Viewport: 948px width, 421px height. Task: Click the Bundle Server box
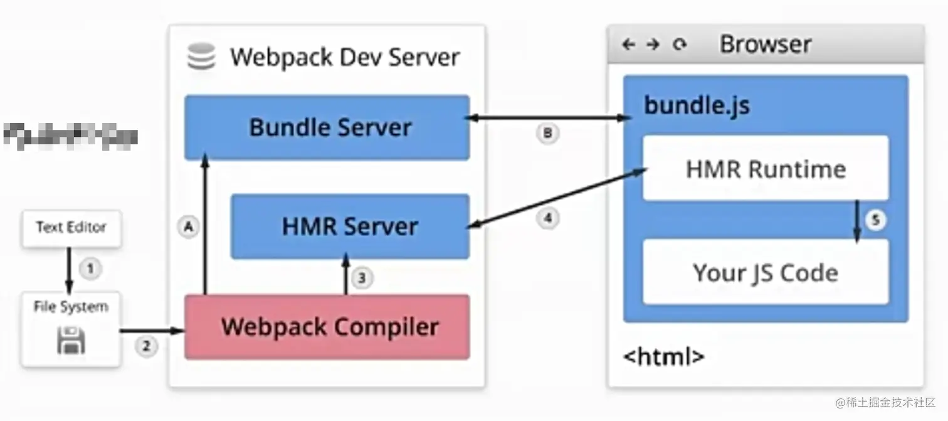pyautogui.click(x=327, y=127)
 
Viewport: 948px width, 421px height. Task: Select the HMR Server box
pyautogui.click(x=350, y=226)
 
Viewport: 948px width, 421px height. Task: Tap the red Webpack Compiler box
pyautogui.click(x=327, y=327)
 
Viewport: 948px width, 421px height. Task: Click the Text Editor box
pyautogui.click(x=71, y=228)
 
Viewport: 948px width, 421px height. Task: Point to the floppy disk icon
pyautogui.click(x=71, y=341)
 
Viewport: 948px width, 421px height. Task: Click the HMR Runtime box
pyautogui.click(x=766, y=169)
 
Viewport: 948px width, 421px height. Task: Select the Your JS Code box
pyautogui.click(x=766, y=272)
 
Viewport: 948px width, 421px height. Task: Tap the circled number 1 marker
pyautogui.click(x=90, y=269)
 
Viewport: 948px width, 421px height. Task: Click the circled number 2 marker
pyautogui.click(x=147, y=346)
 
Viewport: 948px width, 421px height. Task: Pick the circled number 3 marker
pyautogui.click(x=361, y=277)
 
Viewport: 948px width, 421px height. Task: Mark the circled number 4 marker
pyautogui.click(x=548, y=218)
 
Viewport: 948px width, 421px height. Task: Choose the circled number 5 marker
pyautogui.click(x=875, y=220)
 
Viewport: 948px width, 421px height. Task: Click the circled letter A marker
pyautogui.click(x=188, y=227)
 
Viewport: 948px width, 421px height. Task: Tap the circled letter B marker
pyautogui.click(x=547, y=134)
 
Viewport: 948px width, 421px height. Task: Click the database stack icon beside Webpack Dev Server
pyautogui.click(x=201, y=56)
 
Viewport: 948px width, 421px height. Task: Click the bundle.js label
pyautogui.click(x=697, y=105)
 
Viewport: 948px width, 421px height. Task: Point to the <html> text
pyautogui.click(x=663, y=356)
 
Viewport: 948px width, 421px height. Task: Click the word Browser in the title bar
pyautogui.click(x=765, y=45)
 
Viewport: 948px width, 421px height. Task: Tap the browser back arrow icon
pyautogui.click(x=628, y=45)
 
